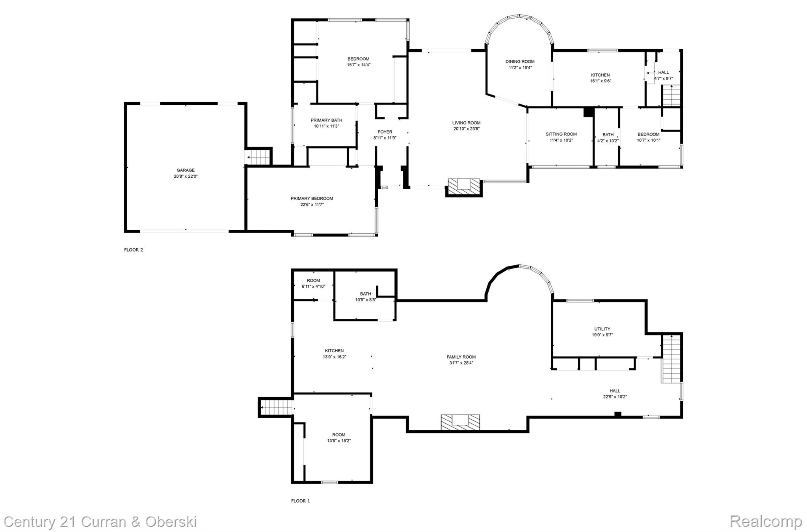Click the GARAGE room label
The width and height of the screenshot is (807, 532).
tap(186, 170)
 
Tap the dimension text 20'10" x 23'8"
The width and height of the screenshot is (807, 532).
tap(466, 129)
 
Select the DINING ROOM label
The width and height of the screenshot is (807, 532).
tap(520, 61)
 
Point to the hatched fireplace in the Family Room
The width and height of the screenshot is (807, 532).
tap(460, 422)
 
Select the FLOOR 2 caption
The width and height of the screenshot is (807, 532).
tap(134, 250)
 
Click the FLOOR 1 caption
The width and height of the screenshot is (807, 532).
tap(300, 501)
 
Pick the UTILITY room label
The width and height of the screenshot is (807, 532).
tap(602, 329)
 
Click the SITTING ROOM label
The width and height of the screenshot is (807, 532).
tap(561, 134)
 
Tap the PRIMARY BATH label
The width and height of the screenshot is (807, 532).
tap(326, 120)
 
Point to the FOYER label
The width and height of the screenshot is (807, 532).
tap(385, 132)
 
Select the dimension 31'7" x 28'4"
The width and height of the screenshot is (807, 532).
tap(461, 363)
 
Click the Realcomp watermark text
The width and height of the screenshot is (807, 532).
tap(766, 521)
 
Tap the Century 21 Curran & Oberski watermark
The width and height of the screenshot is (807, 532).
tap(100, 522)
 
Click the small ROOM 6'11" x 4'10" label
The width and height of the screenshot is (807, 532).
tap(313, 281)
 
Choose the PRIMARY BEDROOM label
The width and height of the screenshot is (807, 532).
tap(312, 199)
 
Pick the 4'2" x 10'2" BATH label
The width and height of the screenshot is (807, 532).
tap(608, 135)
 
